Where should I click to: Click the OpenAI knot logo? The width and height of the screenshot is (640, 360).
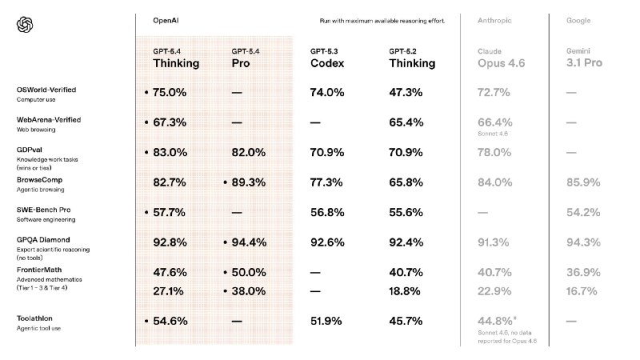25,26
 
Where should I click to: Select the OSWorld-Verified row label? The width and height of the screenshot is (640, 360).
46,90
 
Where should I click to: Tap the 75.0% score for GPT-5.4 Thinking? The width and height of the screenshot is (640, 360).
169,93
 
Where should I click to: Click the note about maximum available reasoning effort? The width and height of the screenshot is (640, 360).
377,19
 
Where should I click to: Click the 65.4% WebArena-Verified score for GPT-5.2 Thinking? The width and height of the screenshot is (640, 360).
406,123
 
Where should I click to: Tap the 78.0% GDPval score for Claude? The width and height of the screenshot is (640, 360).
494,152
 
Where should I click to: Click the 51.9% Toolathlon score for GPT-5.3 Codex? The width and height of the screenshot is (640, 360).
327,321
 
